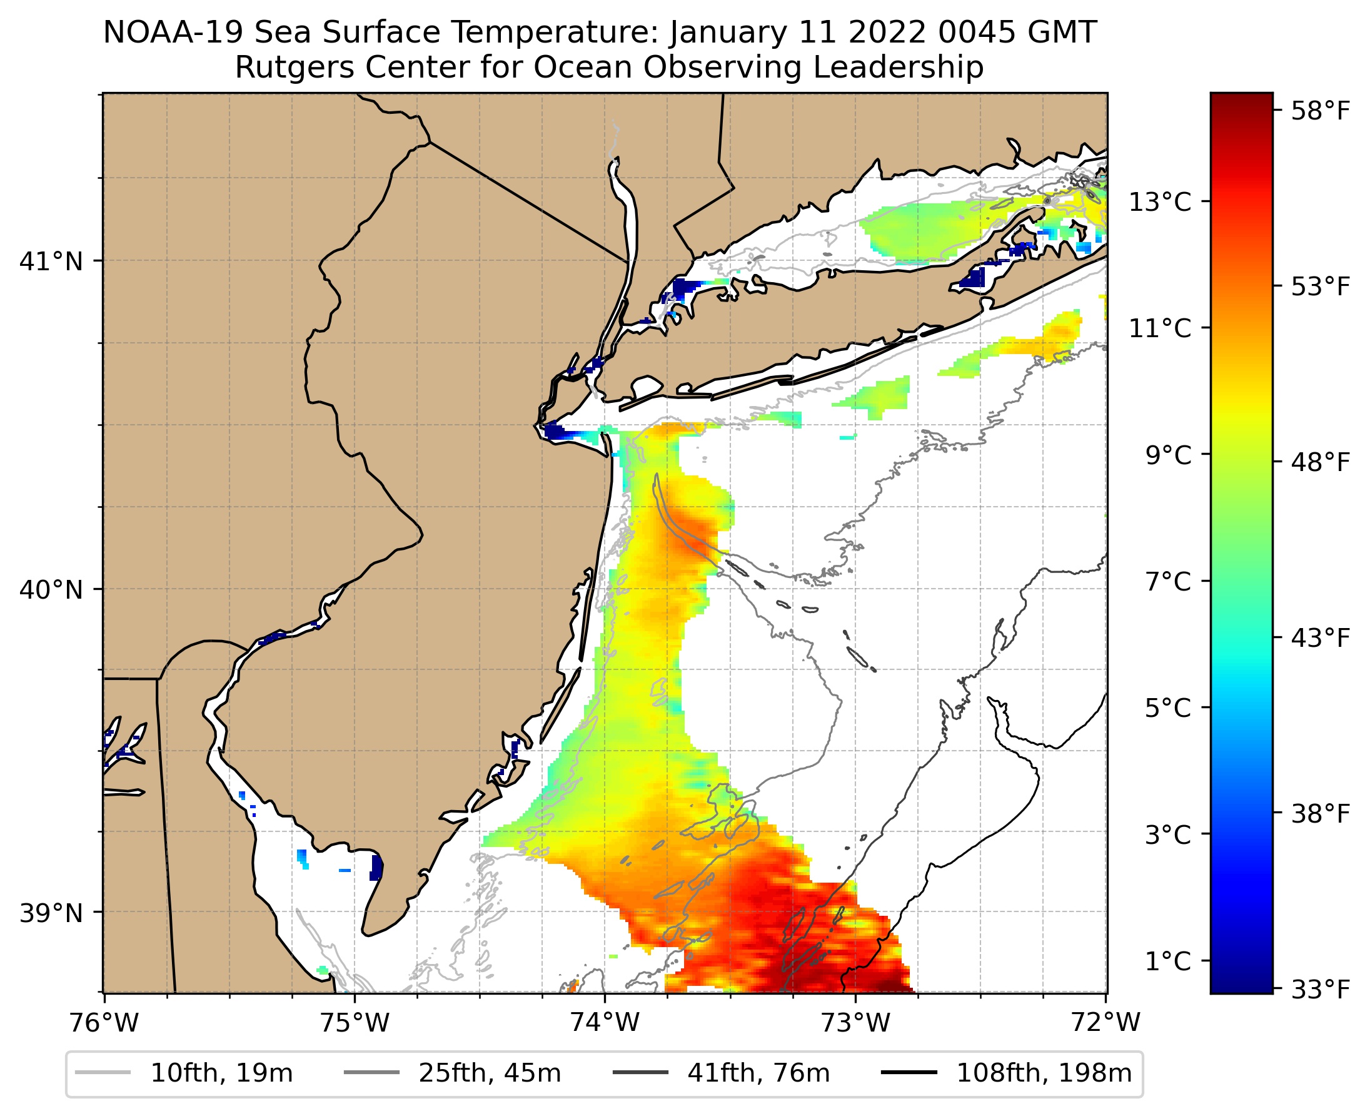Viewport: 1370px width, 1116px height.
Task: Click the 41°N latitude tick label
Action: (x=51, y=261)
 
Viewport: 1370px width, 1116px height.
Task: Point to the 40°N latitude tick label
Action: (x=51, y=589)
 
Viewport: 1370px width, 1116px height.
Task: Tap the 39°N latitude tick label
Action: (x=51, y=913)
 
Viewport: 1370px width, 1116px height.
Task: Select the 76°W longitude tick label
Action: (x=104, y=1023)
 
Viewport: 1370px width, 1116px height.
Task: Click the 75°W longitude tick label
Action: (x=355, y=1023)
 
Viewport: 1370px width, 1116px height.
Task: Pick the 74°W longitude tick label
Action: (x=605, y=1023)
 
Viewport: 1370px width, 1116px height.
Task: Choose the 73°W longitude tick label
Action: (x=856, y=1023)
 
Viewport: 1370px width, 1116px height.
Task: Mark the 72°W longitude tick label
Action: (x=1106, y=1023)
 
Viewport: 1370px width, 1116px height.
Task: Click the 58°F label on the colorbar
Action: (x=1321, y=111)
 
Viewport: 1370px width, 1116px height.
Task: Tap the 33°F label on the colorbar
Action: (x=1321, y=990)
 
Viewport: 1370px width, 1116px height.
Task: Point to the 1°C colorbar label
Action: (x=1167, y=961)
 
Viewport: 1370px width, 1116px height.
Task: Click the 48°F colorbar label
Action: (x=1321, y=462)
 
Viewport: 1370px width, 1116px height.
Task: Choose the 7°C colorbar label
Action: (x=1167, y=582)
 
